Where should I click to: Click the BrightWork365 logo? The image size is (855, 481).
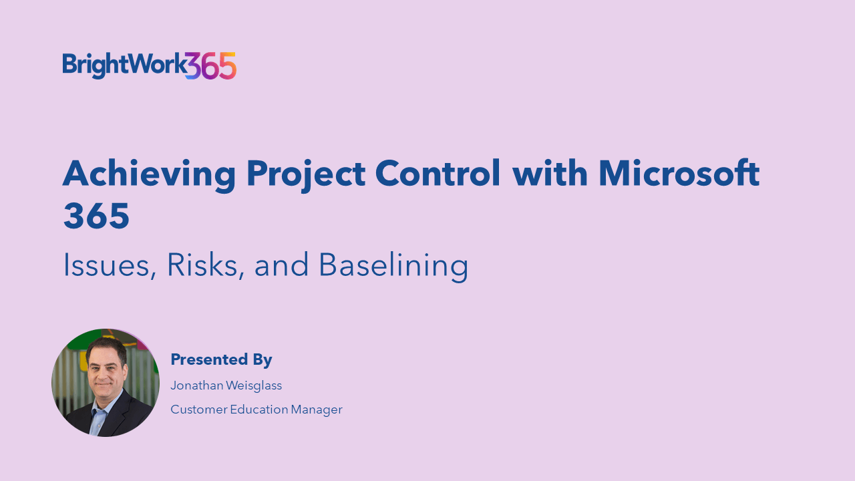(x=149, y=65)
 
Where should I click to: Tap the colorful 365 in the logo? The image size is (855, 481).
(x=211, y=65)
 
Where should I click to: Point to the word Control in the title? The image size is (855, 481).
(x=438, y=173)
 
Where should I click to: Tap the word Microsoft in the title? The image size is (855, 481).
(x=679, y=173)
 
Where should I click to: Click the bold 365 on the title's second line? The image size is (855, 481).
(x=97, y=216)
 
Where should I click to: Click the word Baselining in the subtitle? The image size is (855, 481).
(x=393, y=267)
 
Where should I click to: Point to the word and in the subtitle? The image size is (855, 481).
(x=281, y=265)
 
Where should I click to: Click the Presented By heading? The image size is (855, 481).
(x=221, y=359)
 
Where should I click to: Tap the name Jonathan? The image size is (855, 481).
(x=197, y=385)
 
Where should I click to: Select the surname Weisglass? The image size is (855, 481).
(x=254, y=385)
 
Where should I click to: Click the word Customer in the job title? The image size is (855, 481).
(x=199, y=410)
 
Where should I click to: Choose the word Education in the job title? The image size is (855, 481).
(x=259, y=410)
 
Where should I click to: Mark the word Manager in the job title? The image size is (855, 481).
(x=317, y=410)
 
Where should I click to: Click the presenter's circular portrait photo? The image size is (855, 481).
(x=106, y=383)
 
